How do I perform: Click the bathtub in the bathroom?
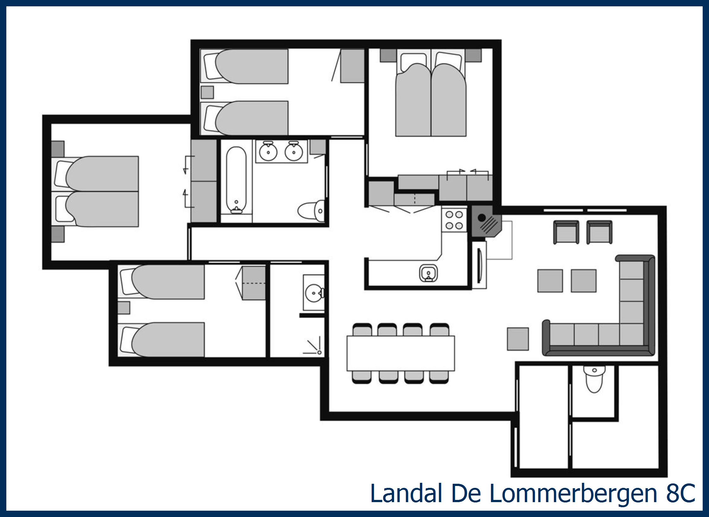click(x=236, y=180)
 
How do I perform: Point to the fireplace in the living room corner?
click(x=486, y=221)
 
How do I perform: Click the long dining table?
click(x=401, y=353)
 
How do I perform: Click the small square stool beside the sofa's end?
click(x=518, y=339)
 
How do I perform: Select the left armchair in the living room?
click(x=566, y=232)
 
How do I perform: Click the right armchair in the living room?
click(x=599, y=232)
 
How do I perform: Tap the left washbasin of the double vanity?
click(x=268, y=152)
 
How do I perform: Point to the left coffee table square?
click(x=550, y=281)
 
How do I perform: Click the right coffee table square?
click(x=584, y=281)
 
